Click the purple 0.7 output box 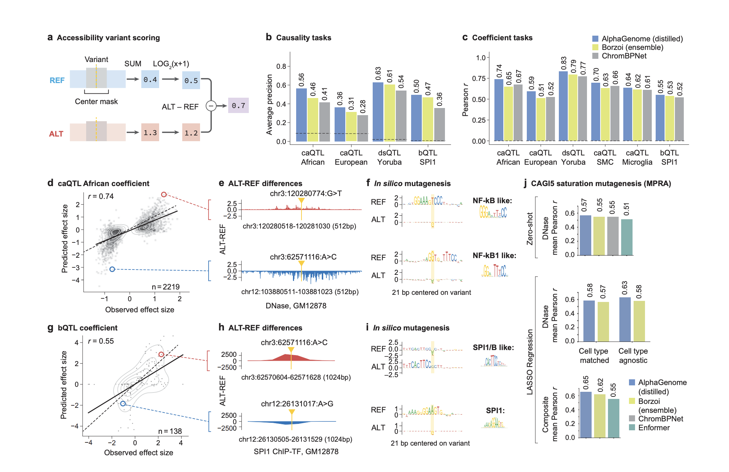coord(238,106)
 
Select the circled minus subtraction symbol coord(211,106)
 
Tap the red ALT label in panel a coord(56,134)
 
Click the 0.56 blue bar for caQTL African coord(301,115)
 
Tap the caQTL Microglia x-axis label coord(637,157)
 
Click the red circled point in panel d coord(164,194)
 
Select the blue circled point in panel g coord(123,404)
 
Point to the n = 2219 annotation coord(166,287)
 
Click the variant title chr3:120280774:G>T coord(305,194)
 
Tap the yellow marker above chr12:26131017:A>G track coord(292,412)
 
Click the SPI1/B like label coord(493,348)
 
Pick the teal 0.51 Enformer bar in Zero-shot coord(626,237)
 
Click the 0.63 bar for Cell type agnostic coord(625,319)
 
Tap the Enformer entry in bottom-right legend coord(654,427)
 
